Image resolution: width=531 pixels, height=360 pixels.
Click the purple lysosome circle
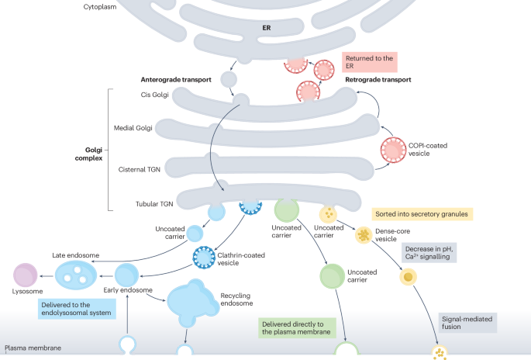coord(25,275)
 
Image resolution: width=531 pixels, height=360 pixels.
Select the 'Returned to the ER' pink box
coord(369,62)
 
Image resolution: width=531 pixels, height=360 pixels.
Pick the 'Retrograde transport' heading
coord(378,79)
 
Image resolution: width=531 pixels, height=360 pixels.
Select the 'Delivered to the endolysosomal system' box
coord(77,309)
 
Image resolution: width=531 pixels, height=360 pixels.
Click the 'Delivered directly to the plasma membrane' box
coord(297,327)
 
